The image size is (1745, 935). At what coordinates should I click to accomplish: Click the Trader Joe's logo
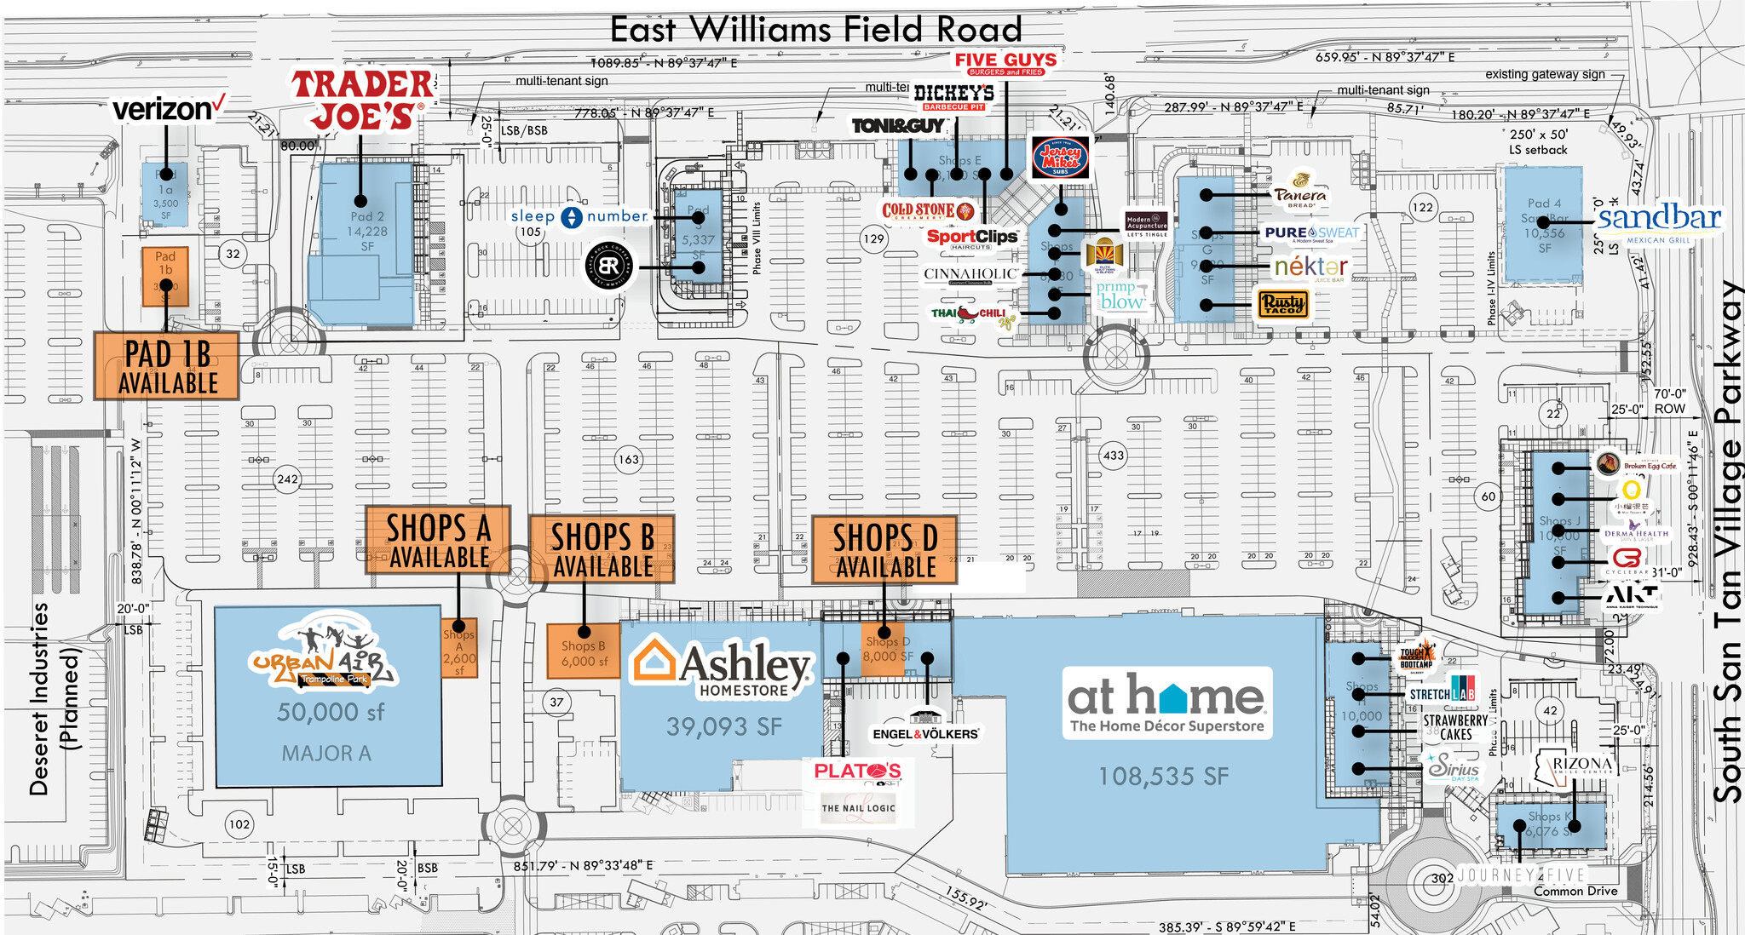[x=362, y=100]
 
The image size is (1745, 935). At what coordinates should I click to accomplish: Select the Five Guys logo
[x=1005, y=62]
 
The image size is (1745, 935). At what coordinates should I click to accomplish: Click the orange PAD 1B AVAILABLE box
[x=167, y=366]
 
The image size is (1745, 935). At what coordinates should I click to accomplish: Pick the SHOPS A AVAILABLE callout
[x=438, y=540]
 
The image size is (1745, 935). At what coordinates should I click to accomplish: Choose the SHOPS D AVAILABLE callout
[x=884, y=550]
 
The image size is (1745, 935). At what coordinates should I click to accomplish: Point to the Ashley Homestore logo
[x=721, y=669]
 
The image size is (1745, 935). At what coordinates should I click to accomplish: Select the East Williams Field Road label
[x=815, y=30]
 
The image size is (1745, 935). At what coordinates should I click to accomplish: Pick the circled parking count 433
[x=1113, y=455]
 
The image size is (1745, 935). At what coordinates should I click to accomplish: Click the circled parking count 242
[x=288, y=479]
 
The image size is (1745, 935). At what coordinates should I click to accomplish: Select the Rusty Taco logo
[x=1283, y=304]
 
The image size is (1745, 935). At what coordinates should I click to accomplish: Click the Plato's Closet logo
[x=857, y=772]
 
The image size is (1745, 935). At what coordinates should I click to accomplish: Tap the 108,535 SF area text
[x=1163, y=776]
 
